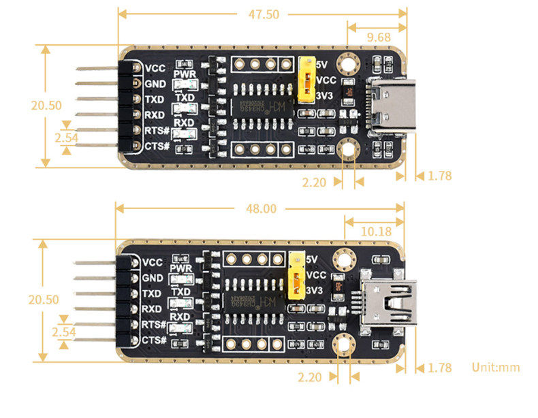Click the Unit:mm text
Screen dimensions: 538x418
(x=496, y=368)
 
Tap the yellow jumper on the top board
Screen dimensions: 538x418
(x=306, y=80)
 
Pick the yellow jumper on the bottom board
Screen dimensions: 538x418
(x=297, y=276)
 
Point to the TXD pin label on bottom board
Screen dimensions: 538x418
(x=153, y=293)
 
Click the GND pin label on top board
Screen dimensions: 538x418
(x=155, y=84)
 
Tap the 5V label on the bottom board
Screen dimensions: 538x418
(x=314, y=259)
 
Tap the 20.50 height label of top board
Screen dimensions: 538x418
(x=46, y=106)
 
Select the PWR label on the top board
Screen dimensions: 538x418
(x=185, y=74)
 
